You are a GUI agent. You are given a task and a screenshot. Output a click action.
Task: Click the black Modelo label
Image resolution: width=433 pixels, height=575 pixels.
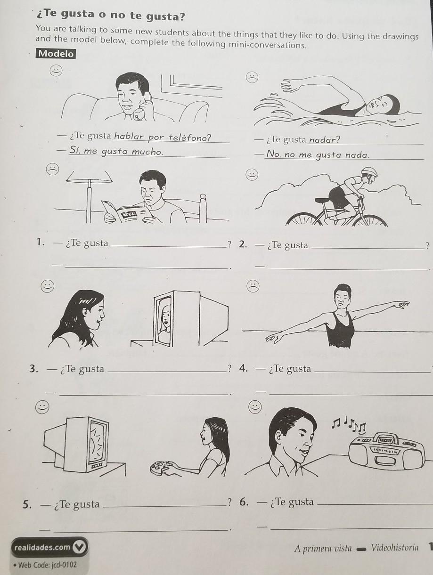56,54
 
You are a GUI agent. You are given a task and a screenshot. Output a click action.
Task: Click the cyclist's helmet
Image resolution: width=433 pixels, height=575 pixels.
369,172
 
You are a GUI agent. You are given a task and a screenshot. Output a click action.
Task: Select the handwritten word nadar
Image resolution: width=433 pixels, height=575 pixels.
324,139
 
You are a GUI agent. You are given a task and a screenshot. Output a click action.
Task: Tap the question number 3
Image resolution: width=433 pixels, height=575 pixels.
33,369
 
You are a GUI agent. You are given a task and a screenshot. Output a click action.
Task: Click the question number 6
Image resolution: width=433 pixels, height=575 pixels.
244,502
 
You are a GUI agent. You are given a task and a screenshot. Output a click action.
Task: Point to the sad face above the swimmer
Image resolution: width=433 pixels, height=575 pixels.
252,77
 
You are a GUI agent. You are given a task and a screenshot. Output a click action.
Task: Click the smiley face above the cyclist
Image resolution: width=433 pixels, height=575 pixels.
252,174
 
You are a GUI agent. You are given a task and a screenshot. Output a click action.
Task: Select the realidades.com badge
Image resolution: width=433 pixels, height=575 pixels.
49,547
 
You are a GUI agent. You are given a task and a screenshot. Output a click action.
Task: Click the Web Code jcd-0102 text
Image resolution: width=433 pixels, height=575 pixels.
45,565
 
